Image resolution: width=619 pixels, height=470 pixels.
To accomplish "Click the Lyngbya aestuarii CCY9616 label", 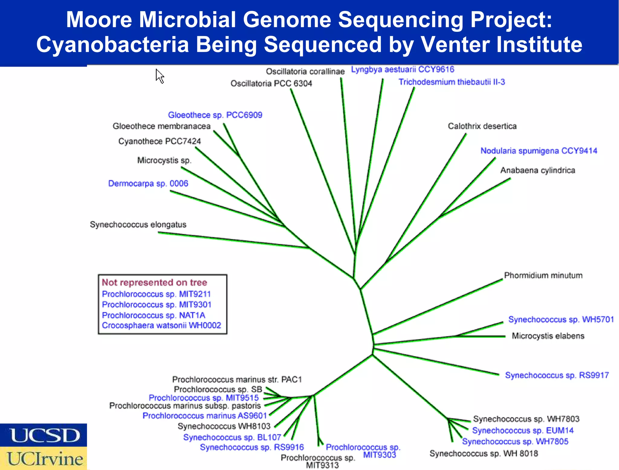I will pyautogui.click(x=402, y=70).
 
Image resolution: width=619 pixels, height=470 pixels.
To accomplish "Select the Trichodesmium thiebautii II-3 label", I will pyautogui.click(x=452, y=82).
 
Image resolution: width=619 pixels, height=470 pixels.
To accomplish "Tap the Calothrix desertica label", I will pyautogui.click(x=482, y=126).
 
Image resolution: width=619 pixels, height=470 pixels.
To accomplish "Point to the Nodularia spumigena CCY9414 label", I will pyautogui.click(x=539, y=151).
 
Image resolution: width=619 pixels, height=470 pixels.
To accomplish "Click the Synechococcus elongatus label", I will pyautogui.click(x=138, y=225).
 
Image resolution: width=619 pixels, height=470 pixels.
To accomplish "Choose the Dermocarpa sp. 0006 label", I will pyautogui.click(x=148, y=183).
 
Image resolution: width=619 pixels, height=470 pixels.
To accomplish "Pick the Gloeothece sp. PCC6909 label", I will pyautogui.click(x=215, y=115).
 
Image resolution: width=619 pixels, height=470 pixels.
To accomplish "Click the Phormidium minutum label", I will pyautogui.click(x=543, y=275).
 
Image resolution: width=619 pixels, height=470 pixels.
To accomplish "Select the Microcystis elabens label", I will pyautogui.click(x=548, y=336).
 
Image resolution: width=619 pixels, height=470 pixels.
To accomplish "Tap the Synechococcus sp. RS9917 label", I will pyautogui.click(x=557, y=375).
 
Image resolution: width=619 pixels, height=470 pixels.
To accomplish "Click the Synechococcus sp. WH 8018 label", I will pyautogui.click(x=484, y=453).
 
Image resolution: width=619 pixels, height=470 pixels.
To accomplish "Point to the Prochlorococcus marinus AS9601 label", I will pyautogui.click(x=205, y=416).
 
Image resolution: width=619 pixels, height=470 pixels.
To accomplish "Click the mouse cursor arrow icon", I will pyautogui.click(x=160, y=76).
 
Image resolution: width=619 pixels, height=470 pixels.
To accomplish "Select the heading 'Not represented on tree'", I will pyautogui.click(x=154, y=282).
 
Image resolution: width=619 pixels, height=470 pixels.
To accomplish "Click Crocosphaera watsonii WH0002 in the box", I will pyautogui.click(x=161, y=325).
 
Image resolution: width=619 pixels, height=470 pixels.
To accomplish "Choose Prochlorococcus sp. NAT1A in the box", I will pyautogui.click(x=154, y=315).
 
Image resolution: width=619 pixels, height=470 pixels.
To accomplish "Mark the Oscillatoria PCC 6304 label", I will pyautogui.click(x=271, y=84).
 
